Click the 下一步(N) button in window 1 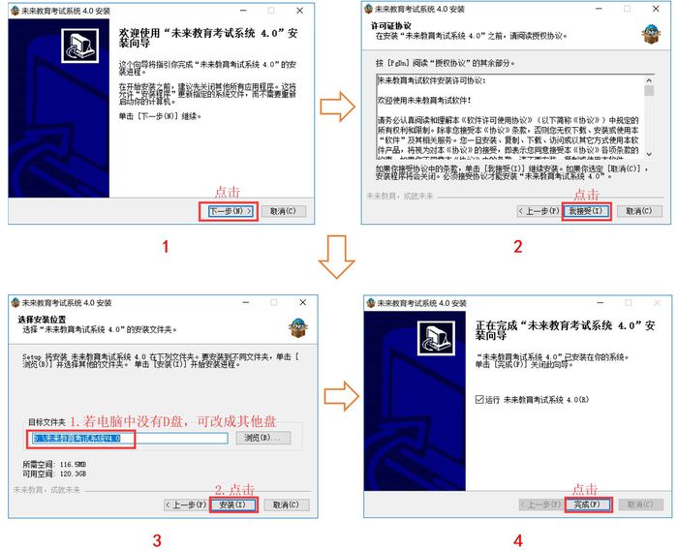[231, 210]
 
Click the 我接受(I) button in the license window [586, 210]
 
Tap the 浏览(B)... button [262, 439]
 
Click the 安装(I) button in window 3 [232, 505]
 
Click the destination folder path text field [127, 439]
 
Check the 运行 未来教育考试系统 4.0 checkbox [480, 399]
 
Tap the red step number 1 [166, 247]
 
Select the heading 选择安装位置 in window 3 [42, 320]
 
